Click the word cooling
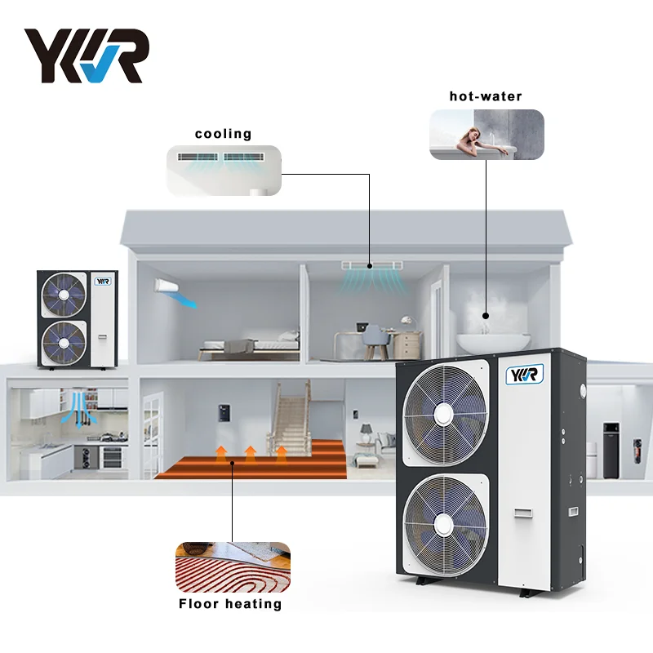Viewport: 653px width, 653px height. pyautogui.click(x=223, y=134)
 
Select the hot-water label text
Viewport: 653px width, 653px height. pyautogui.click(x=486, y=96)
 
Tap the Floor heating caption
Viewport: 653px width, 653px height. pyautogui.click(x=230, y=604)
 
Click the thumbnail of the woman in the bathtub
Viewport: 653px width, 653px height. pyautogui.click(x=486, y=135)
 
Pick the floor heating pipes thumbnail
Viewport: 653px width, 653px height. pyautogui.click(x=233, y=568)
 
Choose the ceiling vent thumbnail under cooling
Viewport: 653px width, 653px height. pyautogui.click(x=224, y=170)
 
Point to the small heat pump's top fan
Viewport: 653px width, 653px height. pyautogui.click(x=64, y=295)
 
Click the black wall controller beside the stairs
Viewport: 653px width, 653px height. pyautogui.click(x=222, y=411)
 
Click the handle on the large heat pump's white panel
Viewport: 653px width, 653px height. pyautogui.click(x=520, y=514)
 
